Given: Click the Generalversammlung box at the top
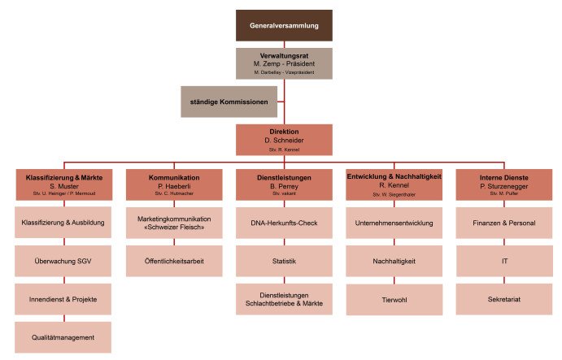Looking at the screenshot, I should [284, 25].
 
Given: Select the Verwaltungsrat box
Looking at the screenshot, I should [284, 63].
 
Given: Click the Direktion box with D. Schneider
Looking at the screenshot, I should [284, 139].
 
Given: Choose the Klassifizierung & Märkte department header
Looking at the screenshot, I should [63, 184].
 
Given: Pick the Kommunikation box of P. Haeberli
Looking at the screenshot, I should [174, 184].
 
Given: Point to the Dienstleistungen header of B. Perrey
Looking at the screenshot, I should [284, 184].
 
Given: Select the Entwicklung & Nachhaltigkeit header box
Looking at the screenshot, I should [394, 184].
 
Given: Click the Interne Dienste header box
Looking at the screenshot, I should [503, 184].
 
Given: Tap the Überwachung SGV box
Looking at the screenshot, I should [63, 261].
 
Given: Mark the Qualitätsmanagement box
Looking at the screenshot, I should [63, 337].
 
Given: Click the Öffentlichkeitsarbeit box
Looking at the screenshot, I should [174, 261].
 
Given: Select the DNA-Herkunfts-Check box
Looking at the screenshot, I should [284, 223].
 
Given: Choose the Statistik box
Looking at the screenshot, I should [284, 261].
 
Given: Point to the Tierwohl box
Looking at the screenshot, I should [394, 299].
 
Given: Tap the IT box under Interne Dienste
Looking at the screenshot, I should [503, 261].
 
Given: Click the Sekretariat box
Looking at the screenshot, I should [503, 299].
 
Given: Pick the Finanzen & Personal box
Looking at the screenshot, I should [503, 223].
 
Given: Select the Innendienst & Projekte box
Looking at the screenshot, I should [63, 299].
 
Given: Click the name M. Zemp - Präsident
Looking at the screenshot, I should [284, 63].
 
